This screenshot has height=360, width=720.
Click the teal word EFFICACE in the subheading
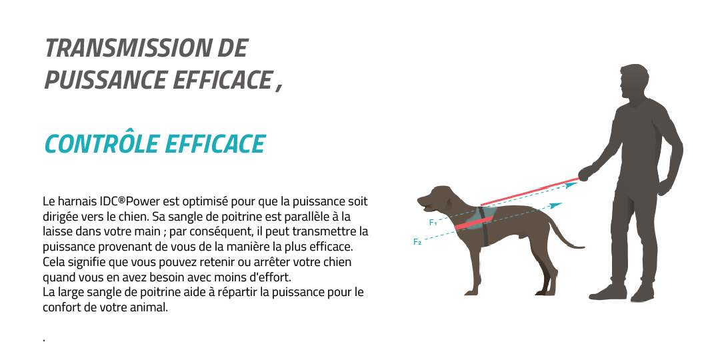(x=215, y=144)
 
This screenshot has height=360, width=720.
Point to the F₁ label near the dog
(x=433, y=223)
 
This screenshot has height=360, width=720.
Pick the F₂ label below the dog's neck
(x=417, y=242)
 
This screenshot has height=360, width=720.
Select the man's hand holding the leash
(x=585, y=173)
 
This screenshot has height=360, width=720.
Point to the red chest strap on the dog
(x=473, y=223)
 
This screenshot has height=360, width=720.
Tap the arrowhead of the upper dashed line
(x=572, y=185)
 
